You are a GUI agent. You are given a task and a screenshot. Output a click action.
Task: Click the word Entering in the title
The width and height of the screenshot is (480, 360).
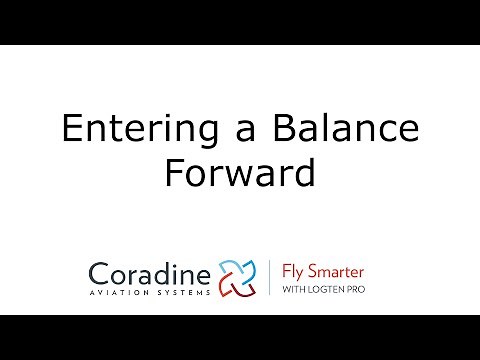pos(125,132)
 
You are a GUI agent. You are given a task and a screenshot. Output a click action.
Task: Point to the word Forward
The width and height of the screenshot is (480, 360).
pos(240,173)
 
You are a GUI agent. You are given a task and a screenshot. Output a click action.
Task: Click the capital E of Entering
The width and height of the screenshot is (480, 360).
pos(70,132)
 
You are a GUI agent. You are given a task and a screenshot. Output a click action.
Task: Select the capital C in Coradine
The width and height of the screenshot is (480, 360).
pos(99,272)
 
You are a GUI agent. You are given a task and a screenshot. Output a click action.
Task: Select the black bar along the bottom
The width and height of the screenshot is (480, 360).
pos(240,337)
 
